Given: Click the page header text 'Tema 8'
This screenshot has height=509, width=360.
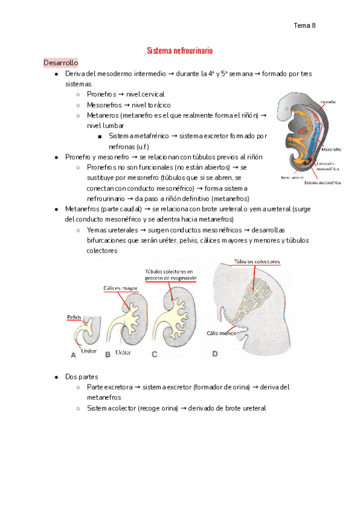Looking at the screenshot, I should coord(305,25).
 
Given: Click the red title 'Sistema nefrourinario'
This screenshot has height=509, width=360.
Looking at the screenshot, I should coord(180,51).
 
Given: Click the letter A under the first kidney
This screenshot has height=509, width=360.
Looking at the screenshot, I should coord(73,355).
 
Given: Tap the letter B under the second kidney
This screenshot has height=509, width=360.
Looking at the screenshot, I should coord(108,354).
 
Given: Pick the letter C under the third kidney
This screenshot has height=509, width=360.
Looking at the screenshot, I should coord(154,354).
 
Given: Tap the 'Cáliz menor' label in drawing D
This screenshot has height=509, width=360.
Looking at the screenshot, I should coord(220,332).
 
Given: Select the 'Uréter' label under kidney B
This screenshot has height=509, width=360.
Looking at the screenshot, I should coord(122,354).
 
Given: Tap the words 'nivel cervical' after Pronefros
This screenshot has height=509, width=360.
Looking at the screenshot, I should coord(145,94).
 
